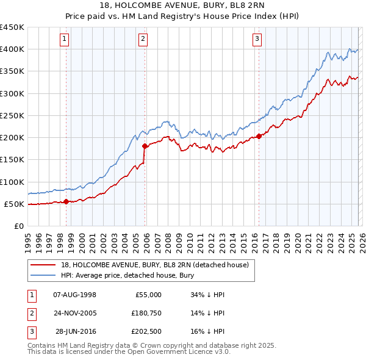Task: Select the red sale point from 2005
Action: [x=145, y=146]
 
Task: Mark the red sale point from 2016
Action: [x=259, y=136]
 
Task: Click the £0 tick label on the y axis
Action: [x=19, y=226]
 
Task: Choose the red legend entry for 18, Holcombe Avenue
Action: [x=154, y=265]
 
